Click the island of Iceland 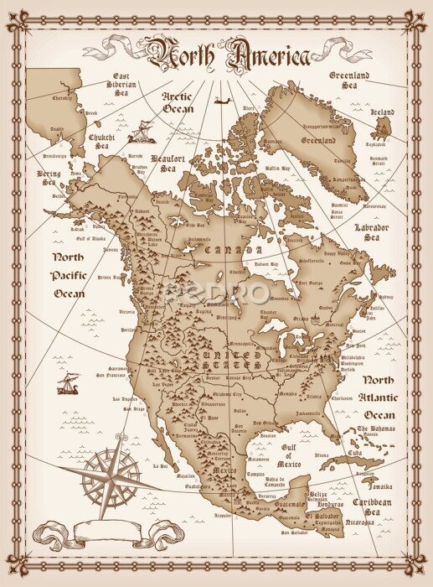tap(384, 127)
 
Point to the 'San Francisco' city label tap(112, 374)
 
